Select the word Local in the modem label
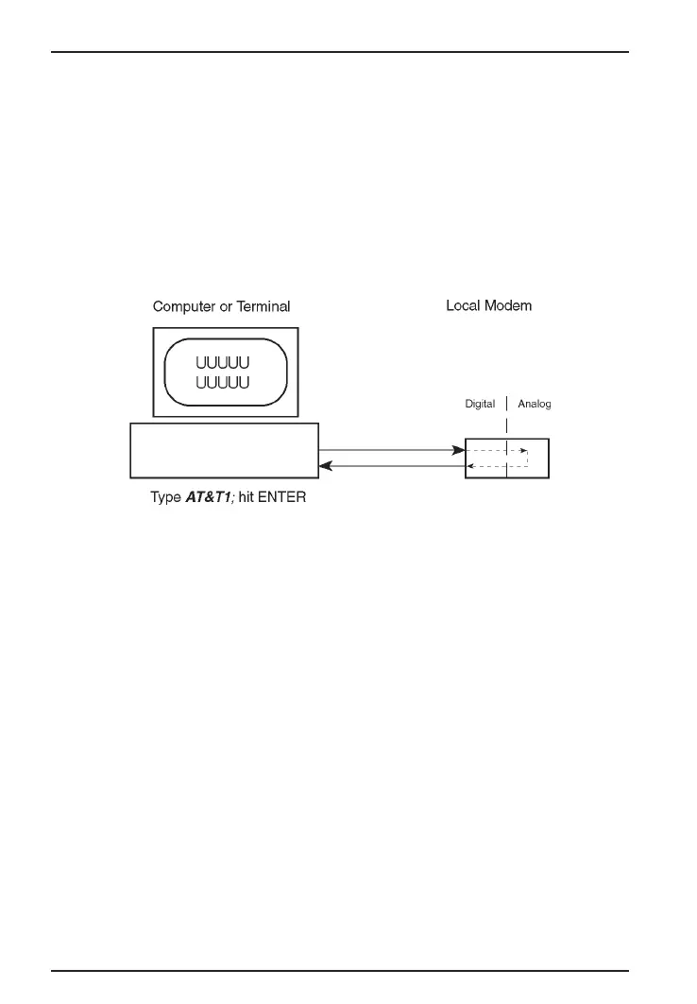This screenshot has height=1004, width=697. (463, 306)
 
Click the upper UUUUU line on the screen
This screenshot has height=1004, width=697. (223, 363)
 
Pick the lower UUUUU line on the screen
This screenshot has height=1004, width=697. (223, 382)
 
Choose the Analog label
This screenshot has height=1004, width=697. (534, 405)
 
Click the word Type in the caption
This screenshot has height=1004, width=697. (165, 496)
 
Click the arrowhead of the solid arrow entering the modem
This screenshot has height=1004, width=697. (460, 451)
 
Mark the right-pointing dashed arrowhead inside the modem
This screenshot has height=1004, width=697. (523, 451)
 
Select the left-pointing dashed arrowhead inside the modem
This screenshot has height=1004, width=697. (472, 465)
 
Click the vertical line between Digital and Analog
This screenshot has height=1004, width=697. (507, 405)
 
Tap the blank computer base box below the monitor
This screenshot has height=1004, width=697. (224, 450)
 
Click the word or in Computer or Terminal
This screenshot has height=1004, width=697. (225, 306)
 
